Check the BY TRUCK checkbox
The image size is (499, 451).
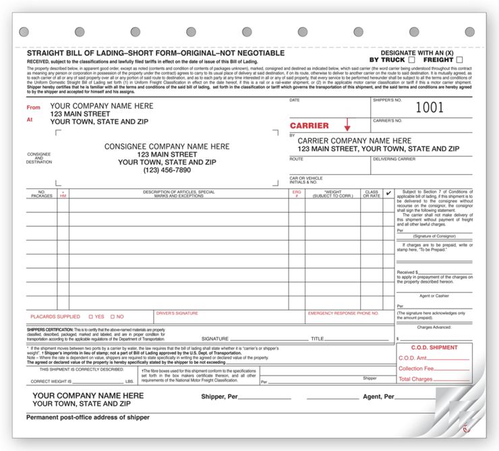click(x=411, y=60)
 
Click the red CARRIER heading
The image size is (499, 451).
click(x=310, y=126)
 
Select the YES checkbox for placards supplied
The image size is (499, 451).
click(x=91, y=317)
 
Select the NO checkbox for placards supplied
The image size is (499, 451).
click(x=113, y=317)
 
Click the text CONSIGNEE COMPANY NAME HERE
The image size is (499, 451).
click(x=167, y=147)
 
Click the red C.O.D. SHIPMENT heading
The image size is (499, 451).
click(x=434, y=347)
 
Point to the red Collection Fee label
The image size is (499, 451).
click(x=417, y=369)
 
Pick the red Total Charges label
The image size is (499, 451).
click(x=415, y=379)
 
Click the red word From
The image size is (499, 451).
click(x=33, y=107)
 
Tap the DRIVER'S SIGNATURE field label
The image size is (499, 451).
click(x=177, y=313)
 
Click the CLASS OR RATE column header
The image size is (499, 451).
click(x=372, y=194)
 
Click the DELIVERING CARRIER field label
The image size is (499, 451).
click(x=394, y=159)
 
